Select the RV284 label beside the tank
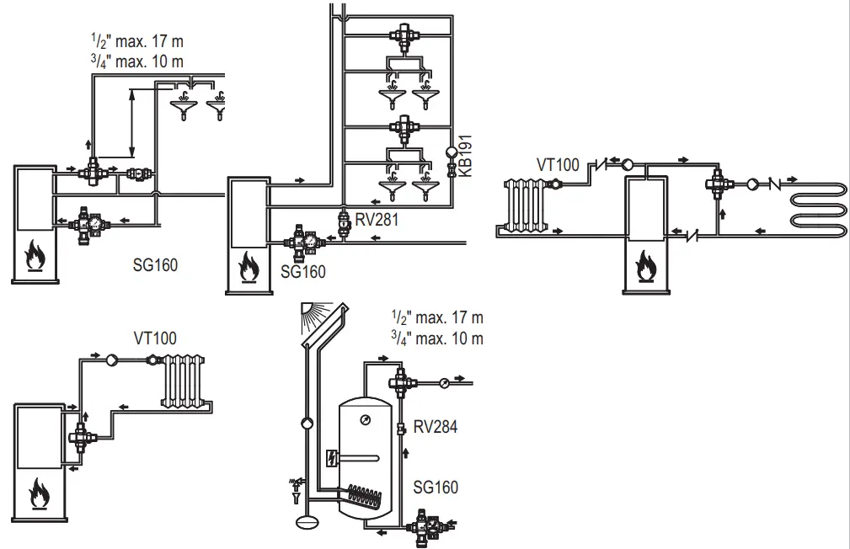436,427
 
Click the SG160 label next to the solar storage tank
436,487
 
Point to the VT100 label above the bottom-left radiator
155,338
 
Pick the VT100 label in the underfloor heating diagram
558,164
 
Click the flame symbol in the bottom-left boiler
39,493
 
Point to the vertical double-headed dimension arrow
131,123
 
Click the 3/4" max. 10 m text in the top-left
136,61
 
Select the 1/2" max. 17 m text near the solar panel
437,318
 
